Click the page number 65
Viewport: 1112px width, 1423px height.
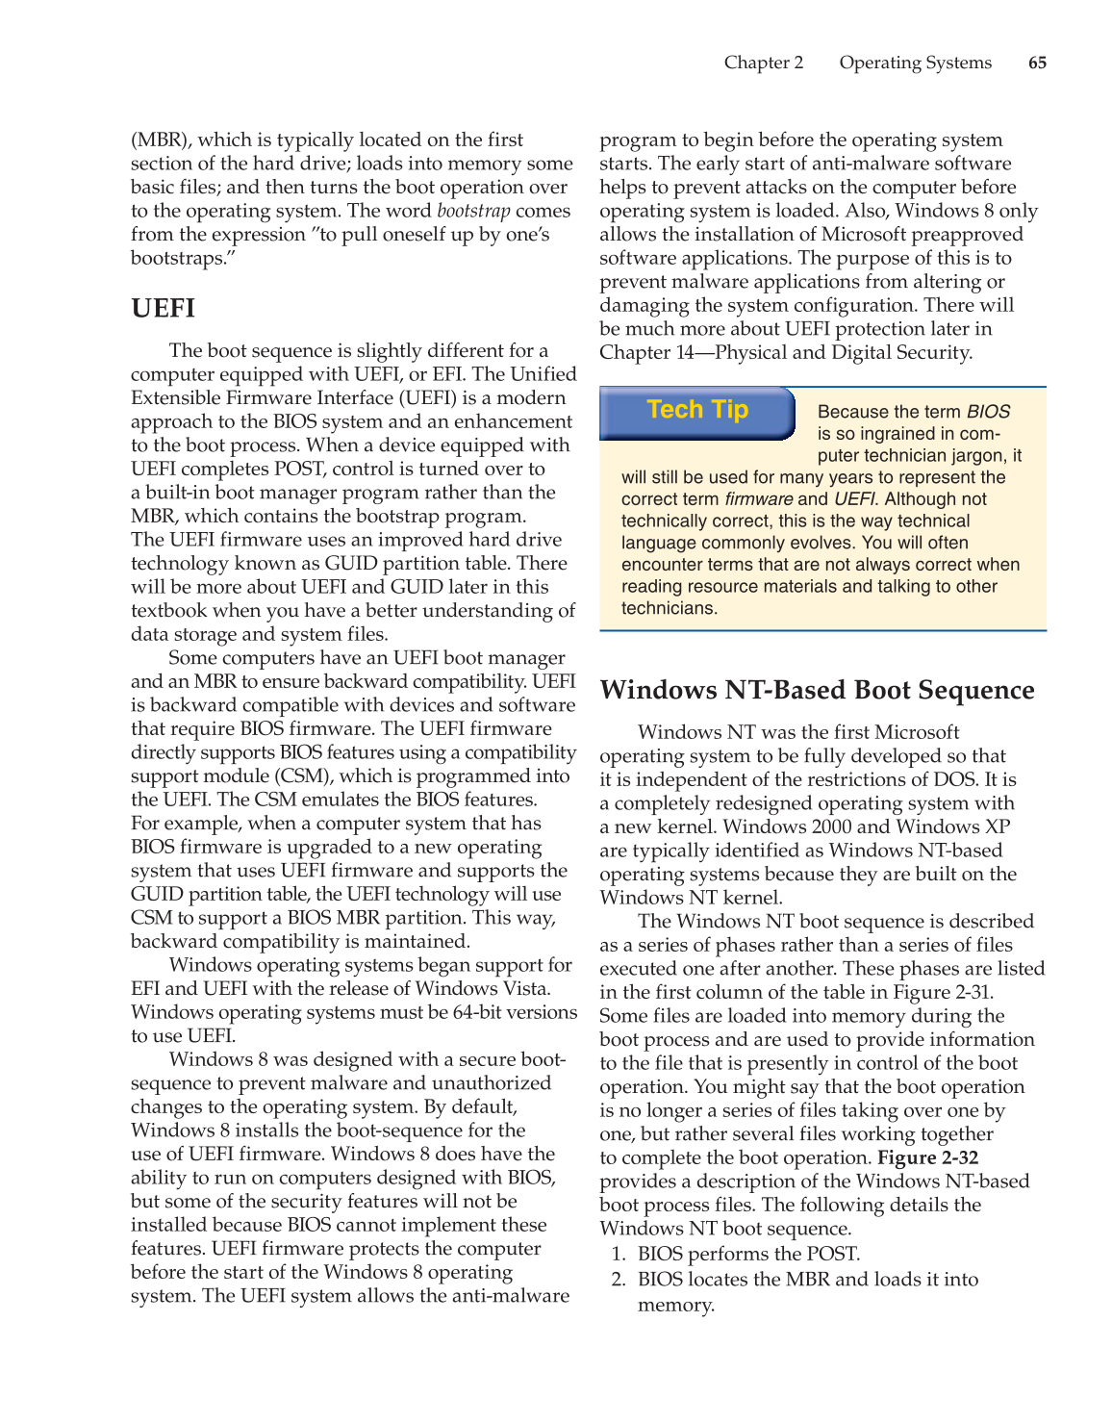(1037, 63)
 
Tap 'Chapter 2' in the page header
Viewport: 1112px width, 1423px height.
(764, 63)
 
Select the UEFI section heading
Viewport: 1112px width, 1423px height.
(164, 309)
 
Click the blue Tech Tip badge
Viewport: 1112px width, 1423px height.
(697, 411)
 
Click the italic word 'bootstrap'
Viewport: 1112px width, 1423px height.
(473, 211)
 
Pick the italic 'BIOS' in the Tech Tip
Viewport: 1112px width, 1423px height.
(988, 412)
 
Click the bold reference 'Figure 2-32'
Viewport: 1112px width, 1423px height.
(927, 1157)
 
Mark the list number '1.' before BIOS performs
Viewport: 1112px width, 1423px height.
(619, 1254)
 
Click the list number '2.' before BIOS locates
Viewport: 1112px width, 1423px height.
(619, 1280)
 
